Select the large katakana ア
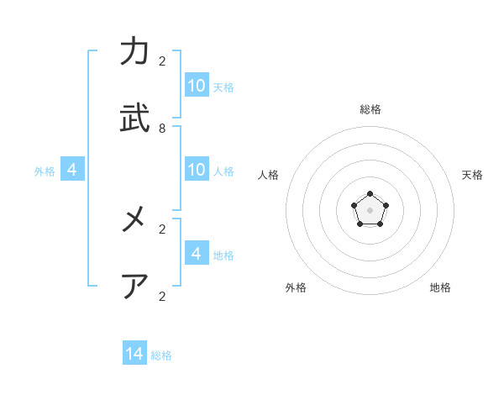click(134, 287)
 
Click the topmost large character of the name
click(134, 52)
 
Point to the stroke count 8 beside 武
click(162, 129)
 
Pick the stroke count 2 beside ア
click(162, 296)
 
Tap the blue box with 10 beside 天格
click(197, 85)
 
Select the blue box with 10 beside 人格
click(197, 169)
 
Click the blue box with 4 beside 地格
click(197, 253)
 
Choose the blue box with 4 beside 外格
click(72, 169)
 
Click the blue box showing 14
click(134, 354)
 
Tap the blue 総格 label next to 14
click(161, 355)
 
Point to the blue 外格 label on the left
click(45, 171)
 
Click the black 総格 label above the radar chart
click(370, 109)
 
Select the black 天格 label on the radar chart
click(472, 175)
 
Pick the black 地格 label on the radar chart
click(440, 287)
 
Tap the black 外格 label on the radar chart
click(296, 287)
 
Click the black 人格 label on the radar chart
click(269, 175)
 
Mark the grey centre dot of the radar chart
click(370, 209)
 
